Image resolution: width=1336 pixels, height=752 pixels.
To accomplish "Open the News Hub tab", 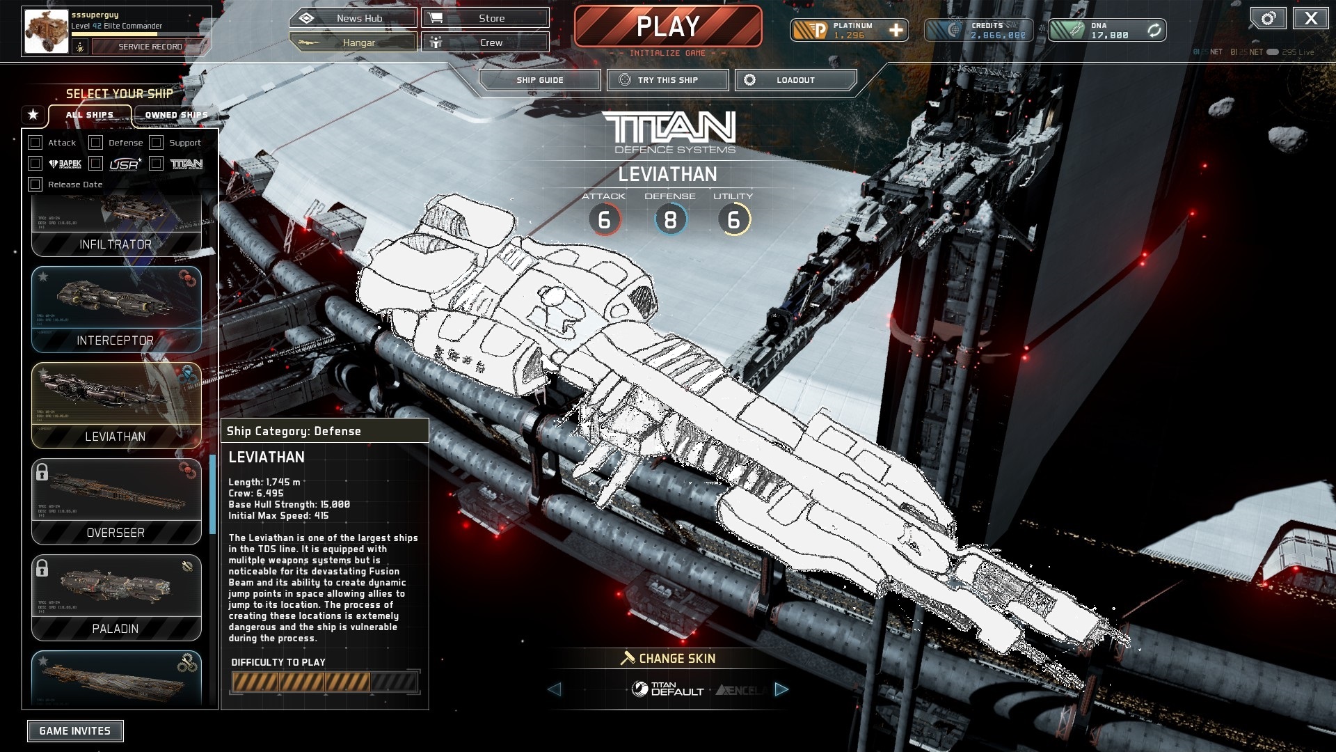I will pos(353,18).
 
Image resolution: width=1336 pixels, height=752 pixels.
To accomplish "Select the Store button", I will pos(485,18).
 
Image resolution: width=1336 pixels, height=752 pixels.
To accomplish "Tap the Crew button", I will pos(485,42).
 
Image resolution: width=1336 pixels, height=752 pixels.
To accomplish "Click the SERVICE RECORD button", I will pos(150,47).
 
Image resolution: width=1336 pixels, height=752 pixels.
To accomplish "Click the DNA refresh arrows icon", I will pos(1154,31).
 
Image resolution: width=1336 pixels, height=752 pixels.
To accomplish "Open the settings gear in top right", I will pos(1268,19).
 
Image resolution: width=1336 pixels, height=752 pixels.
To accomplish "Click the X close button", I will pos(1310,19).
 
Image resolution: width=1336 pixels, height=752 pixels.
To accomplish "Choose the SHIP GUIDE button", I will pos(539,80).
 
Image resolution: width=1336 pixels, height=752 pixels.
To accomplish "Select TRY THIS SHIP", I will pos(667,80).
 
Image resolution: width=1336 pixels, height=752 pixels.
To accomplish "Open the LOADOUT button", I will pos(795,80).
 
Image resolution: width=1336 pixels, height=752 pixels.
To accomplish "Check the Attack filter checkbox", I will pos(35,143).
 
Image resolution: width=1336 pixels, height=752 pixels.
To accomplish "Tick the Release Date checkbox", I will pos(35,185).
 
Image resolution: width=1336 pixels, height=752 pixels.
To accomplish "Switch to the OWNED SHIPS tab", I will pos(176,115).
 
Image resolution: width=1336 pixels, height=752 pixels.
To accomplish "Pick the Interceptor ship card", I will pos(116,310).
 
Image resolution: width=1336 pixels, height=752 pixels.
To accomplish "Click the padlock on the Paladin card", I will pos(42,567).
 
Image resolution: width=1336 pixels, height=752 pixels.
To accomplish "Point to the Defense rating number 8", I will pos(670,220).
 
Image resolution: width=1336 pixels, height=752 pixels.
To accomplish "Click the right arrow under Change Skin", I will pos(781,689).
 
